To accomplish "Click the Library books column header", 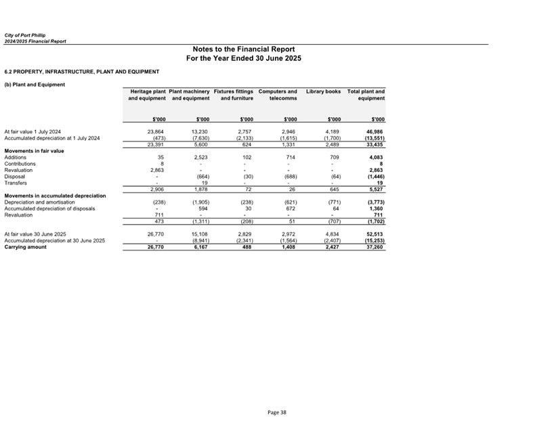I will coord(323,91).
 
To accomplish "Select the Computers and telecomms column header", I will coord(278,95).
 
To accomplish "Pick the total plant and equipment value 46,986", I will coord(374,131).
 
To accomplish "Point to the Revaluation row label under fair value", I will coord(19,170).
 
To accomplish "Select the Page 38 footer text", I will coord(277,412).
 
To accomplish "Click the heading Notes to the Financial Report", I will coord(243,49).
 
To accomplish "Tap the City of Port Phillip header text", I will coord(25,35).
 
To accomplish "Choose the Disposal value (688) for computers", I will coord(287,176).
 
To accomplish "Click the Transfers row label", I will coord(16,183).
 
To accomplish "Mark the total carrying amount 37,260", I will coord(375,248).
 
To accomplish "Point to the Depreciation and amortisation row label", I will coord(43,202).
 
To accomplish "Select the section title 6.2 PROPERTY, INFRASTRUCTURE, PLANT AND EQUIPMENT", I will coord(82,71).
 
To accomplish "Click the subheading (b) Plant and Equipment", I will coord(35,85).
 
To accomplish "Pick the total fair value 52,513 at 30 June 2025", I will coord(375,234).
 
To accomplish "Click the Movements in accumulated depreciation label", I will coord(56,196).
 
